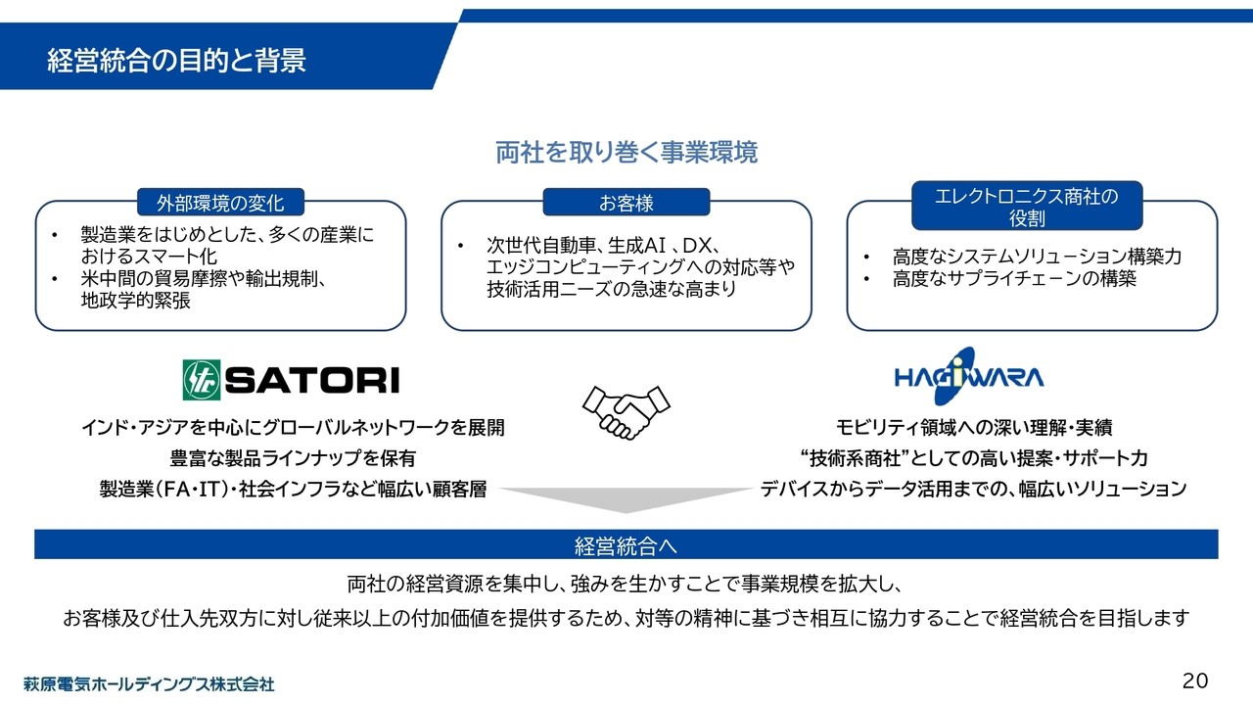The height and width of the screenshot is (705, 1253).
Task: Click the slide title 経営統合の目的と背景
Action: pyautogui.click(x=176, y=61)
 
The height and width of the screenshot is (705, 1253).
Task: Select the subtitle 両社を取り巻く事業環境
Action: pyautogui.click(x=626, y=153)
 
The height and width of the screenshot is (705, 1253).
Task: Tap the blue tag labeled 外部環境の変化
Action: pyautogui.click(x=221, y=203)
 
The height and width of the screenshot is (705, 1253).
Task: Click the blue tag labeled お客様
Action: pyautogui.click(x=626, y=203)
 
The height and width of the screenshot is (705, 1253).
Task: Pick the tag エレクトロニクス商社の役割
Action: pyautogui.click(x=1025, y=207)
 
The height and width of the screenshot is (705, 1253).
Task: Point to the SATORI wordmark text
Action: pyautogui.click(x=312, y=380)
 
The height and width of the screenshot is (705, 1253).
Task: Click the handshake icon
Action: pyautogui.click(x=626, y=411)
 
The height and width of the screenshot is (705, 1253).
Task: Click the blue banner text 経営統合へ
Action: pyautogui.click(x=626, y=544)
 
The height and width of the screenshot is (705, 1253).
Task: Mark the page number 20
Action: pyautogui.click(x=1195, y=681)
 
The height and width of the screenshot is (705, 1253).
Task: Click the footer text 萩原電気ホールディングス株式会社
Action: pyautogui.click(x=150, y=683)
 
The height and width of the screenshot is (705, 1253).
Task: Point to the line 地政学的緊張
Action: pyautogui.click(x=135, y=302)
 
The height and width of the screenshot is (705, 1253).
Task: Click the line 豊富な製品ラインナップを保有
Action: pyautogui.click(x=294, y=458)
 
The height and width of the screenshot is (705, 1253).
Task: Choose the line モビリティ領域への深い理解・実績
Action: pyautogui.click(x=974, y=428)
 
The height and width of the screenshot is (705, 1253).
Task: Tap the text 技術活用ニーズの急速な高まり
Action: pyautogui.click(x=611, y=290)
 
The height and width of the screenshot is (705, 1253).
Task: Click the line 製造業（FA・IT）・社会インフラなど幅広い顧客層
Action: pyautogui.click(x=294, y=489)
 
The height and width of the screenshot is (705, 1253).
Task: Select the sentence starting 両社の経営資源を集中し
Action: pyautogui.click(x=626, y=585)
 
